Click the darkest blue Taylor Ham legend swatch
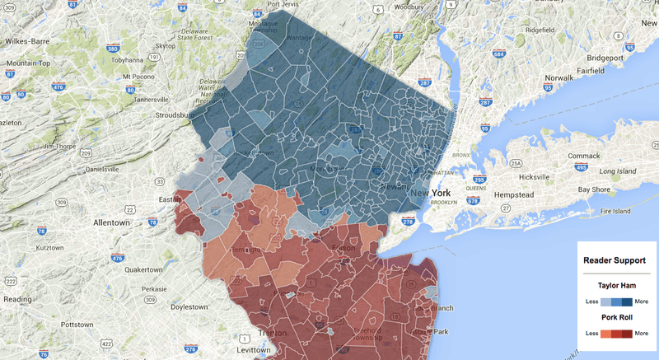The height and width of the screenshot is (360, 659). coord(626,302)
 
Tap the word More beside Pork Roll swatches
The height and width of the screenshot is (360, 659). coord(642,333)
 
